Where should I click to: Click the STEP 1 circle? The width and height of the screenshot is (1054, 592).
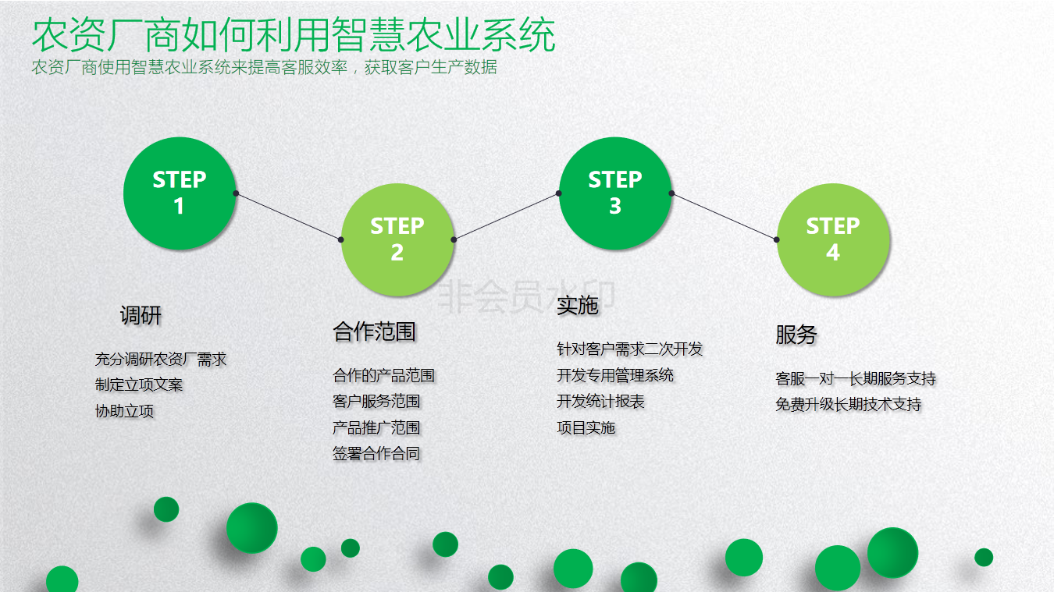pyautogui.click(x=180, y=193)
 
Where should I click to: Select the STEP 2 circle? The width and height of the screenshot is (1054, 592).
pyautogui.click(x=397, y=239)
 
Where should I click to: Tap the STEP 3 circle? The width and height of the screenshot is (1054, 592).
pyautogui.click(x=615, y=193)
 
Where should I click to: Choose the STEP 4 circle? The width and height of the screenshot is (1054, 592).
pyautogui.click(x=833, y=239)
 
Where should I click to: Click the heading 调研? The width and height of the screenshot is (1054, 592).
pyautogui.click(x=141, y=316)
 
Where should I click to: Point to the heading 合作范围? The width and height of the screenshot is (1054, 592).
pyautogui.click(x=375, y=332)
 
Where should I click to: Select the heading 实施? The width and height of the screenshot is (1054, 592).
pyautogui.click(x=578, y=306)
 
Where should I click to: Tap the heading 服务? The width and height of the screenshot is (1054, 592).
pyautogui.click(x=796, y=335)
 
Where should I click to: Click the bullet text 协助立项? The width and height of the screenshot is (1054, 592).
pyautogui.click(x=125, y=412)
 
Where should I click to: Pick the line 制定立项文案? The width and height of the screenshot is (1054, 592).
pyautogui.click(x=139, y=385)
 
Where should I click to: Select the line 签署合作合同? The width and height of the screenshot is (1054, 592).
pyautogui.click(x=376, y=454)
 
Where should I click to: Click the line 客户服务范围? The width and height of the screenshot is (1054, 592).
pyautogui.click(x=376, y=402)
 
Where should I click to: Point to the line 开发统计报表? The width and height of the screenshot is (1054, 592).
pyautogui.click(x=600, y=402)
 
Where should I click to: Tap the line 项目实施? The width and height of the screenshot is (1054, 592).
pyautogui.click(x=586, y=428)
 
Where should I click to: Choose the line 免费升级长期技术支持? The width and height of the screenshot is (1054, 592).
pyautogui.click(x=849, y=405)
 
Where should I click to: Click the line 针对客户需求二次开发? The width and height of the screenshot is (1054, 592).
pyautogui.click(x=630, y=349)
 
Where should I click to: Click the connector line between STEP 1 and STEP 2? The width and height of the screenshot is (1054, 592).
pyautogui.click(x=288, y=217)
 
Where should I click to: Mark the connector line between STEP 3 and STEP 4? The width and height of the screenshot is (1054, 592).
pyautogui.click(x=725, y=217)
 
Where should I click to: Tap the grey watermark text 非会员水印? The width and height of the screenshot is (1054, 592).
pyautogui.click(x=526, y=296)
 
